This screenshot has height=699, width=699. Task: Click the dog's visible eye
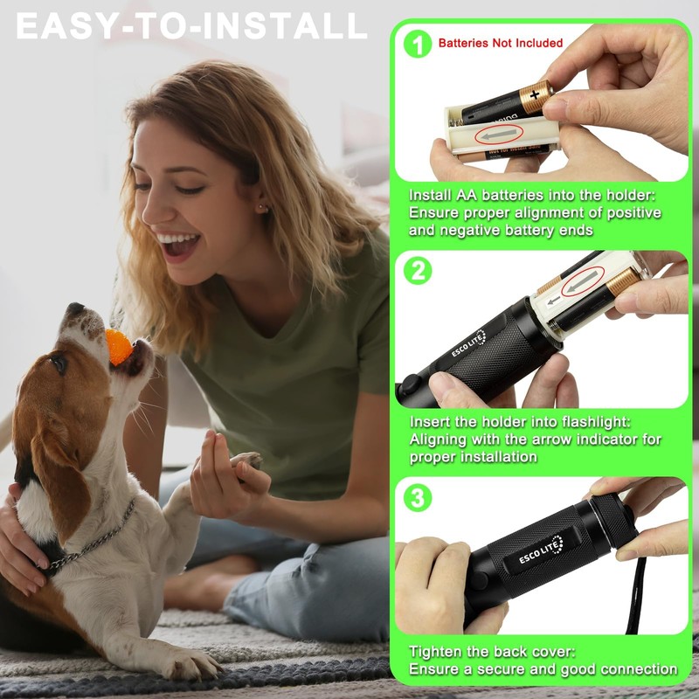(x=59, y=362)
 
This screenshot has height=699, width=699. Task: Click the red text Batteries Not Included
(x=500, y=43)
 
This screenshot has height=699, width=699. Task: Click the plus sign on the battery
(x=534, y=93)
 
